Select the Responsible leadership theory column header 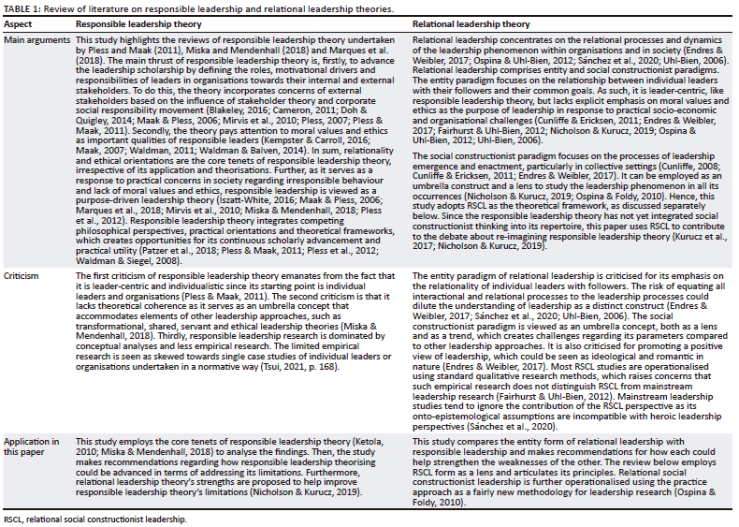[126, 23]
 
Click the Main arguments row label [36, 41]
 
